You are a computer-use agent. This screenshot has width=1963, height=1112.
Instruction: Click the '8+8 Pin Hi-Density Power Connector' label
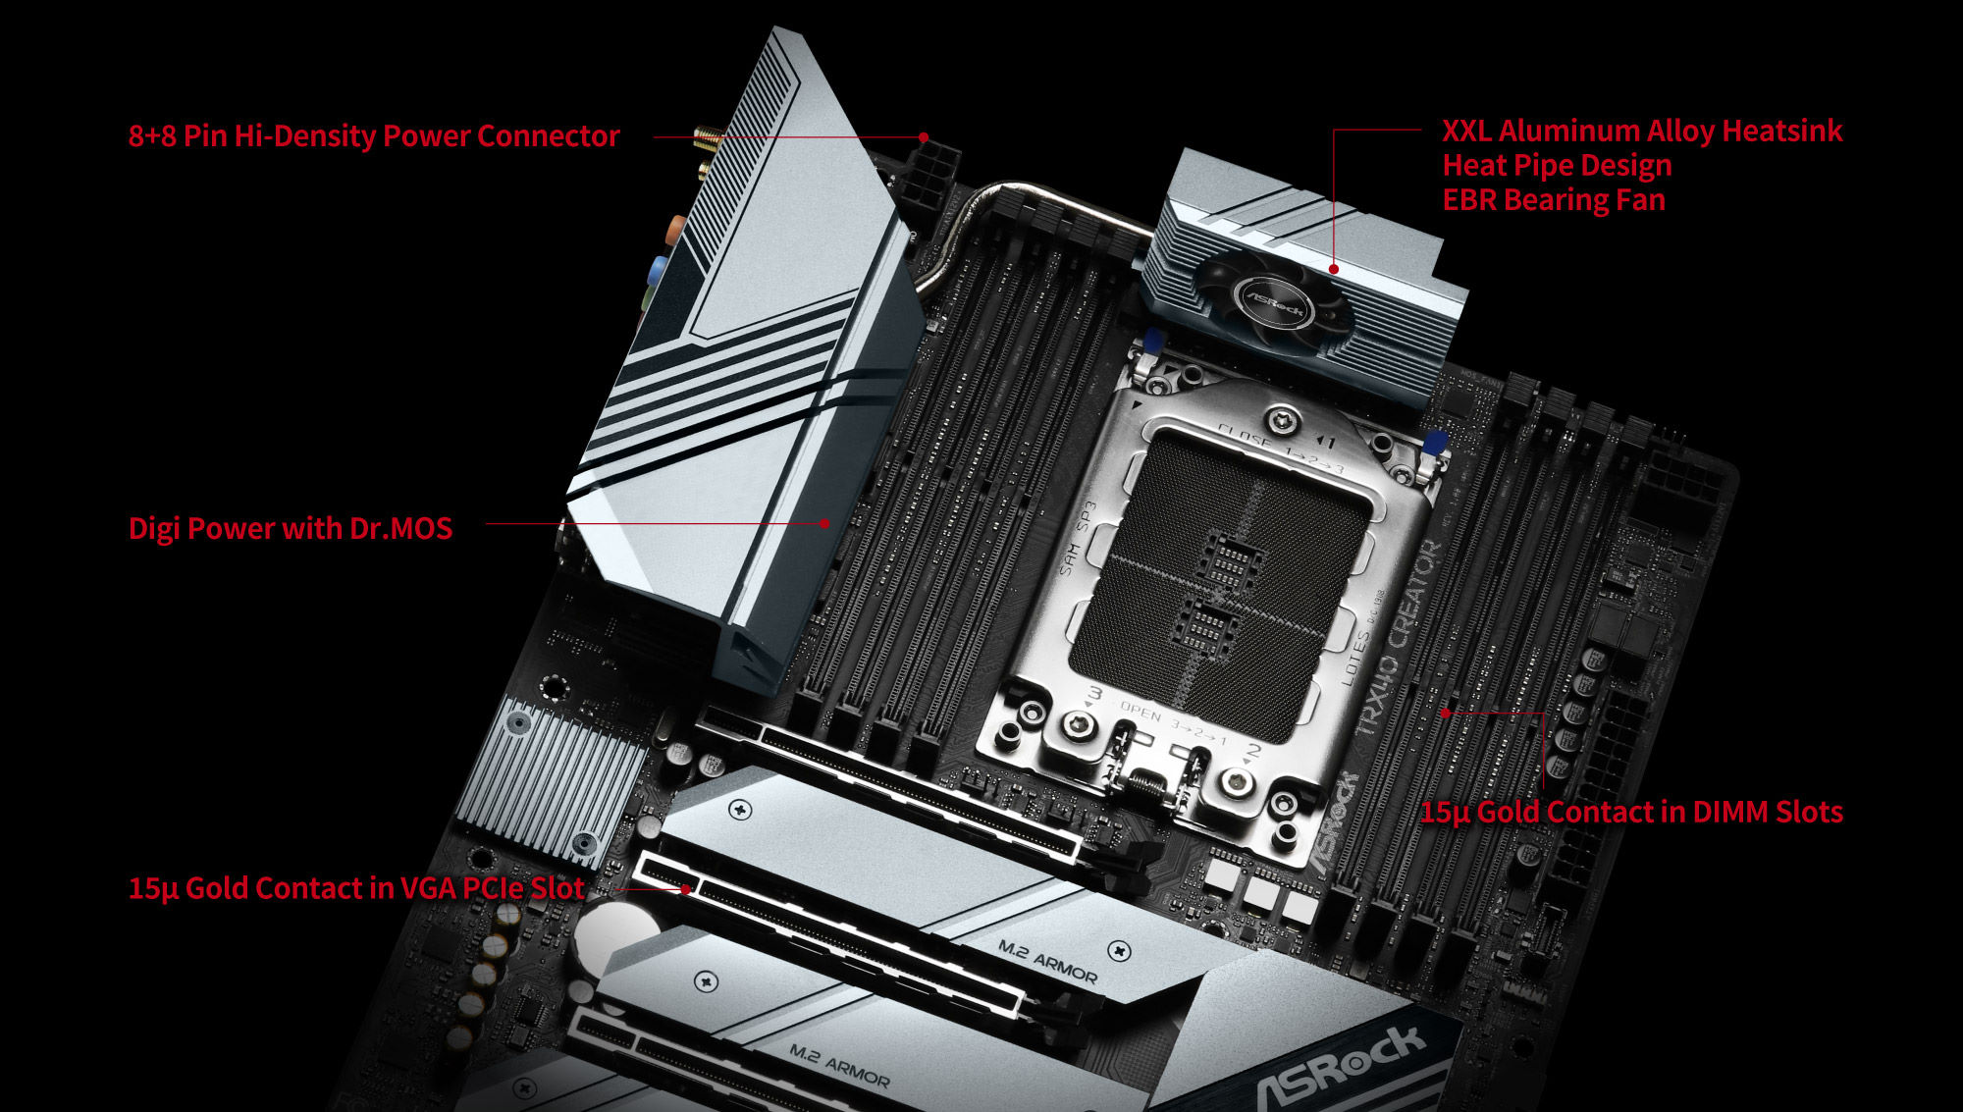(373, 135)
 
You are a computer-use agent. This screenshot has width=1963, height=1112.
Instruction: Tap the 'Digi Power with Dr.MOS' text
(291, 528)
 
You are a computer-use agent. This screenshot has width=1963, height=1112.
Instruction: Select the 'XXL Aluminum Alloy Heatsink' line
(1641, 131)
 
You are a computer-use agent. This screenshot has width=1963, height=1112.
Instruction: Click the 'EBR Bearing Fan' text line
(1553, 199)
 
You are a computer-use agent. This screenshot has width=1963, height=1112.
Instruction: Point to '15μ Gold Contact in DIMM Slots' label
(1631, 812)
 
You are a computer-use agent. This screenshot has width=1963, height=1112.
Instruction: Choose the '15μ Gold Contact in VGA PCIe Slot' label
(355, 888)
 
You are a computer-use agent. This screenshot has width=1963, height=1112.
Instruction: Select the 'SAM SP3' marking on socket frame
(1077, 539)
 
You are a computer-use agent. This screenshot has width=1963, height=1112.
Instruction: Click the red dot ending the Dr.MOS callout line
(824, 523)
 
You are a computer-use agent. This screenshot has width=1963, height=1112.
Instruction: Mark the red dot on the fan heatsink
(1334, 268)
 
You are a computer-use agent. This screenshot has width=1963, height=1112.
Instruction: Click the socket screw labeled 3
(1081, 725)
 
